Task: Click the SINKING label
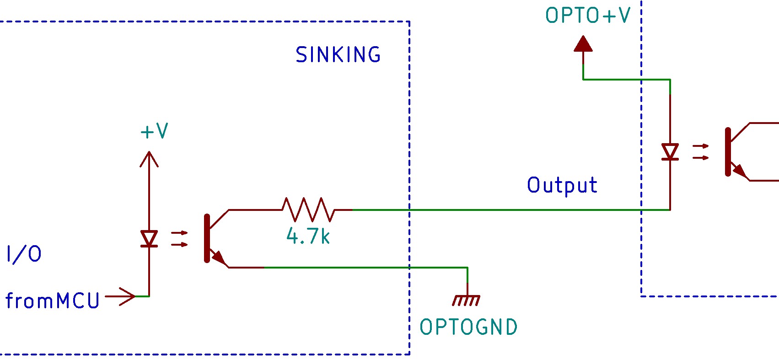pos(338,55)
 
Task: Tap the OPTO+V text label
pos(587,16)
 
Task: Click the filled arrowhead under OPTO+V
pos(583,44)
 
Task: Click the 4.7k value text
pos(308,236)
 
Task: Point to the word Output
pos(562,186)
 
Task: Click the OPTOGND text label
pos(468,327)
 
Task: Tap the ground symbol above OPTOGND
pos(467,300)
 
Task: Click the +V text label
pos(154,131)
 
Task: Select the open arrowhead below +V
pos(149,159)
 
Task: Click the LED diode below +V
pos(149,239)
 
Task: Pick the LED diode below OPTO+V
pos(670,152)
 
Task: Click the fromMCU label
pos(52,301)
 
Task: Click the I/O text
pos(24,254)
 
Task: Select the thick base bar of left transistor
pos(207,238)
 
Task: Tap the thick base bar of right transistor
pos(728,152)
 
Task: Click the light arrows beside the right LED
pos(700,152)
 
